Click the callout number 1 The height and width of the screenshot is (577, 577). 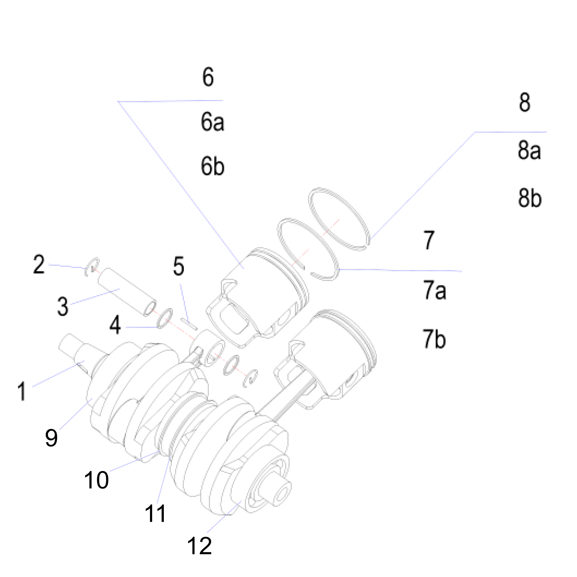(22, 391)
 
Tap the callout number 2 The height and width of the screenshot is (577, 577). (39, 264)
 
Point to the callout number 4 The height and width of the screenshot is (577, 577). (115, 325)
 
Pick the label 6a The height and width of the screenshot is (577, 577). (212, 122)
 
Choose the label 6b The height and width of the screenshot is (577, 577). (212, 166)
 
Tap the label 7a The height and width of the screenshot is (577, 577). (435, 290)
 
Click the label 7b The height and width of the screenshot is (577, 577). (434, 339)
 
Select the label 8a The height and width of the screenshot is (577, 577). (529, 150)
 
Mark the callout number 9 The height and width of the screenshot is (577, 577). (51, 438)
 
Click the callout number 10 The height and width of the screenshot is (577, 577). (96, 480)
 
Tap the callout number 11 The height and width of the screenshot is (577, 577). (155, 514)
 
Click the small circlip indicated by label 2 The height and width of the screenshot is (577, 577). (91, 266)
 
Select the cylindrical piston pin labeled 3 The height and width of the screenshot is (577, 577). (127, 291)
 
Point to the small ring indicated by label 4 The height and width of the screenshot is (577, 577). (165, 319)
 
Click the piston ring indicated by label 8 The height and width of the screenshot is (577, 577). (339, 219)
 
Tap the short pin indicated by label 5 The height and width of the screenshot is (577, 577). (189, 324)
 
